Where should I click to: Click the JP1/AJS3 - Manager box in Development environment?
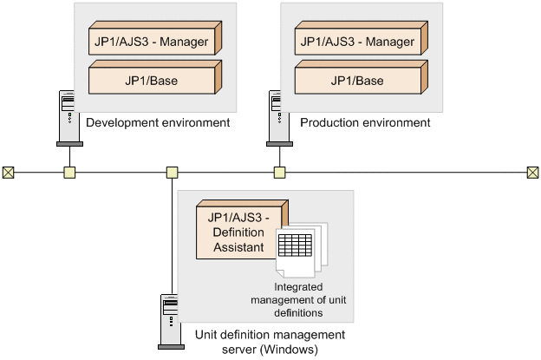pos(155,38)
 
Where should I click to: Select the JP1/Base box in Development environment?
pos(155,77)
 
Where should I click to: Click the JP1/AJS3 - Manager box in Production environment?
pos(362,38)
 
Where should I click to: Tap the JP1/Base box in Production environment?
pos(362,77)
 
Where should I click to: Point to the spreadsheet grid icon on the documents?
pos(295,245)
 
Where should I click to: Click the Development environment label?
pos(158,122)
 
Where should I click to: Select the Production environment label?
pos(365,122)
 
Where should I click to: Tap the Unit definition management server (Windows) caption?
pos(270,342)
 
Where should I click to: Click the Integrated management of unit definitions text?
pos(298,300)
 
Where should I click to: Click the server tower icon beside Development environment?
pos(68,118)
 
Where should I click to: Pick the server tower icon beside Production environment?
pos(278,118)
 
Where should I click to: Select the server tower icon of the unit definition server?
pos(170,322)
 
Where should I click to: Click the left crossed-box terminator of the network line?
pos(9,173)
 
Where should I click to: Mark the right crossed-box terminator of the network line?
pos(532,173)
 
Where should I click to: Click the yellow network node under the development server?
pos(69,173)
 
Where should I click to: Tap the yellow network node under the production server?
pos(279,173)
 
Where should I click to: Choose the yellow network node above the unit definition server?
pos(173,173)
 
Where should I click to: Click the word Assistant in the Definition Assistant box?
pos(238,247)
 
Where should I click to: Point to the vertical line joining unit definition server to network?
pos(173,236)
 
